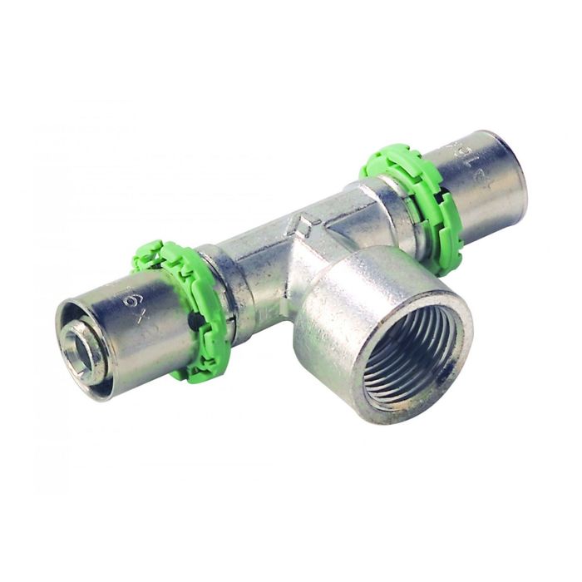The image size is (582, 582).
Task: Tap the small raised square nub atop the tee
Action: click(x=303, y=223)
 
